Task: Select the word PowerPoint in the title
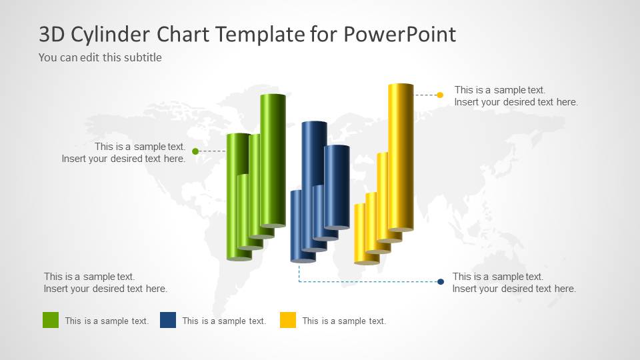coord(400,35)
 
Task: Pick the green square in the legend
coord(51,320)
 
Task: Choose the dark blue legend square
coord(168,320)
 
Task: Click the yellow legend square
coord(288,320)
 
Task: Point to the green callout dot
coord(195,151)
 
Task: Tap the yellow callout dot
coord(440,95)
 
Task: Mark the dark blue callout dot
coord(441,282)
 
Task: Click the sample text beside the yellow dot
coord(516,96)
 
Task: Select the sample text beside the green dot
coord(124,153)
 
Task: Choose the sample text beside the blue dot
coord(514,283)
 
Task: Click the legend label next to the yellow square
coord(344,321)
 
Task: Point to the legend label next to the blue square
coord(224,321)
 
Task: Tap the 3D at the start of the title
coord(51,35)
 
